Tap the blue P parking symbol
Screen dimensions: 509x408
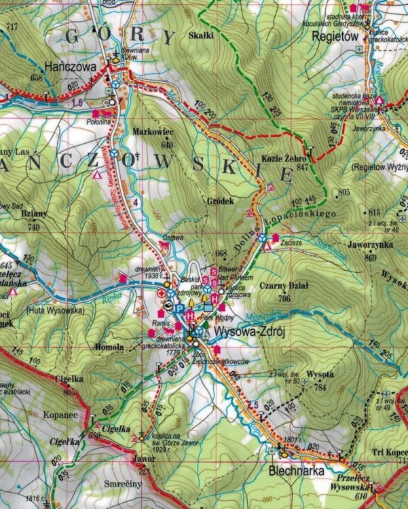[x=180, y=308]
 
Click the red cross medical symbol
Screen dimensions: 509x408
[x=161, y=293]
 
